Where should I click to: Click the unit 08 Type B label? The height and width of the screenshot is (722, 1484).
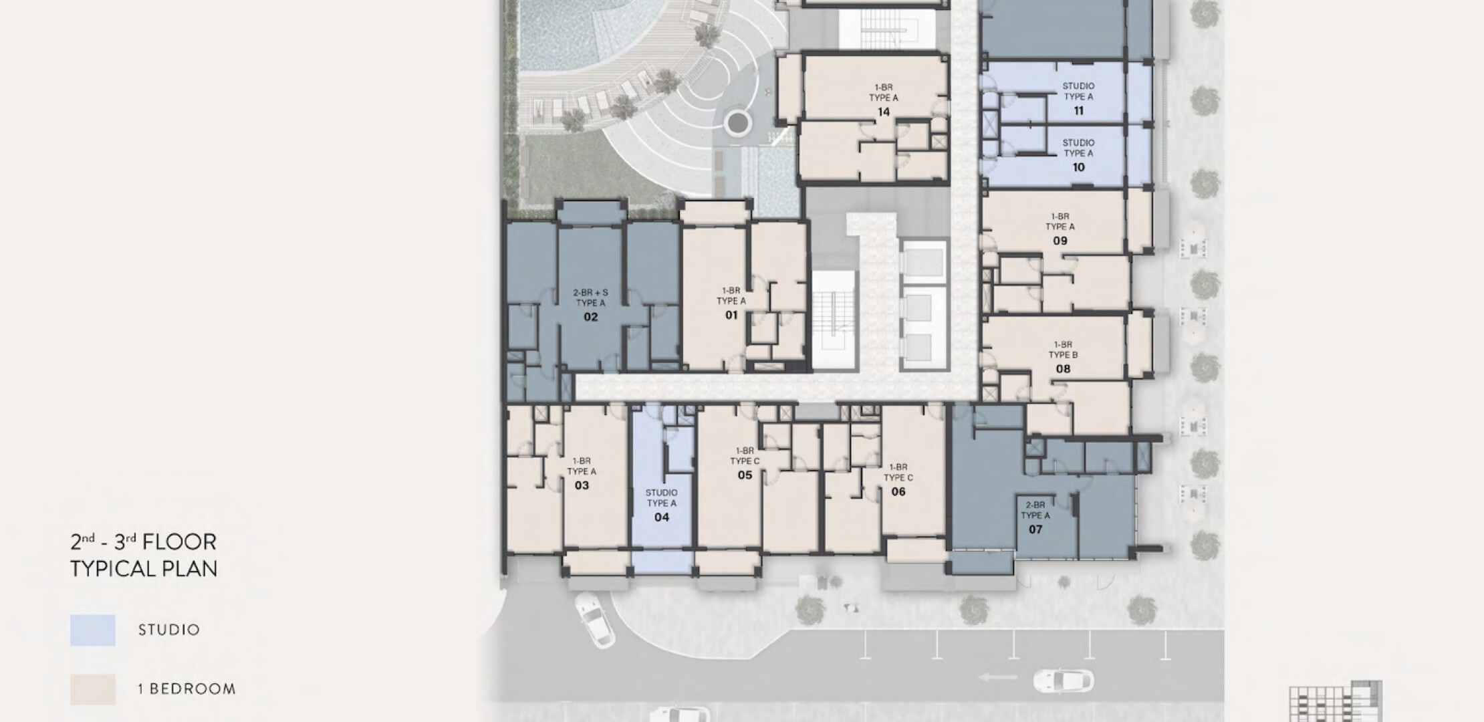coord(1063,357)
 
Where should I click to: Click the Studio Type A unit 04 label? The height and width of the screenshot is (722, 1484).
coord(661,505)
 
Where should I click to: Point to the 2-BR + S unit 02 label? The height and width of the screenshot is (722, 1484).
coord(590,305)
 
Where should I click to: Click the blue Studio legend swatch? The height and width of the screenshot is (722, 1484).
coord(93,630)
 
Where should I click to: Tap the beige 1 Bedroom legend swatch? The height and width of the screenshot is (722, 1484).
coord(93,689)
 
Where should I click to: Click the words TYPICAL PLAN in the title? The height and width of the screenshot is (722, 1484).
coord(144,569)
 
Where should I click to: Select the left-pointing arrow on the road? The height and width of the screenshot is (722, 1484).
coord(999,677)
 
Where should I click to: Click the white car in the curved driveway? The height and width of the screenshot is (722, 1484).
coord(594,620)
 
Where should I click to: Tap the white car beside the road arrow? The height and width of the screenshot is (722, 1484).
coord(1064,681)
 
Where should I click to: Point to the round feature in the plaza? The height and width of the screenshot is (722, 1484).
coord(737,123)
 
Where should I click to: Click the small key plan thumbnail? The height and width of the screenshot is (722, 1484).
coord(1335,702)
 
